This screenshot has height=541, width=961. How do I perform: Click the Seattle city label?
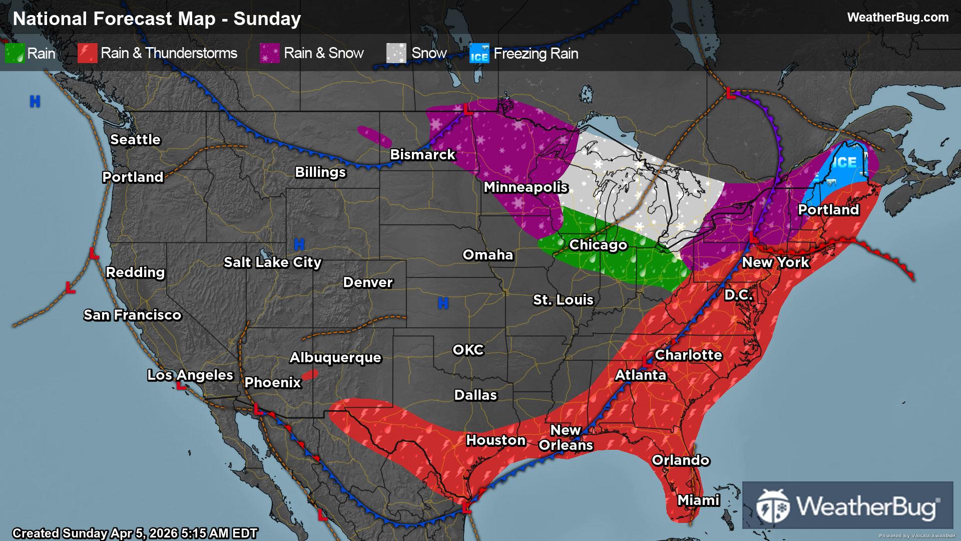(135, 139)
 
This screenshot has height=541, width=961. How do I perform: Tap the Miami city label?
(698, 500)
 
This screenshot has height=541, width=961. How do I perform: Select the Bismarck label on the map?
(422, 154)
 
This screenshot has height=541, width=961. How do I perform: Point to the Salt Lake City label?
(272, 262)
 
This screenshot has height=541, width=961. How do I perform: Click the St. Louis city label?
(563, 300)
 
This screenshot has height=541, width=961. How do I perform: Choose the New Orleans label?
(566, 437)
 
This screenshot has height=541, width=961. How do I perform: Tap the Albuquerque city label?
(335, 357)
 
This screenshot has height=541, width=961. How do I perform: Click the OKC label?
(468, 350)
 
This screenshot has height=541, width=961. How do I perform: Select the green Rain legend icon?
(15, 53)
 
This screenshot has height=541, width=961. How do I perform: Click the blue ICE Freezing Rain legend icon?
(479, 53)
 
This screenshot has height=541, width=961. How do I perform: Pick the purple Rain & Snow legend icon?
(269, 53)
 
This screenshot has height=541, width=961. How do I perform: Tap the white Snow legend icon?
(396, 53)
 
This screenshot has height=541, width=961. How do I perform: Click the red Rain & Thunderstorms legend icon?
(87, 53)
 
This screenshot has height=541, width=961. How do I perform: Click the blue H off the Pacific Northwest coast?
(35, 102)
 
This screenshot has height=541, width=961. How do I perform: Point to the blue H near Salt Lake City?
(299, 244)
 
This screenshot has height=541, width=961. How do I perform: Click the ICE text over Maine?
(845, 162)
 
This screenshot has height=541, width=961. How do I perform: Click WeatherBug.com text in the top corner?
(897, 18)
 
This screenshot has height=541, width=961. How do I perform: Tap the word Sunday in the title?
(267, 19)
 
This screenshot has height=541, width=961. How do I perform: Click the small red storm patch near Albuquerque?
(310, 375)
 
